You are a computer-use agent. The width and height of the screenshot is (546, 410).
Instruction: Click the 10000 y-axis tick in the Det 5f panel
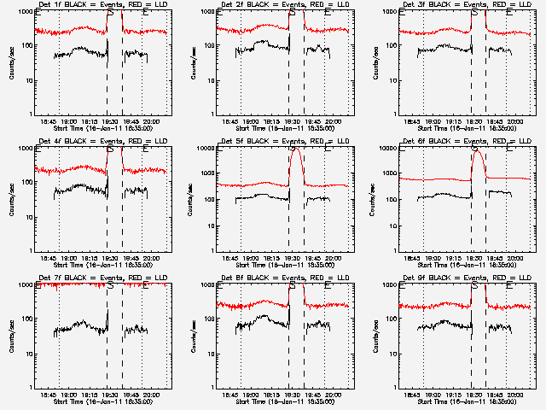pos(212,149)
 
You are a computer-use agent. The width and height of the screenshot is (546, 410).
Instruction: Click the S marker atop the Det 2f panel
pos(293,13)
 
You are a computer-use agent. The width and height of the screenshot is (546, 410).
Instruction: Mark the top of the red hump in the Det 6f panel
pos(477,150)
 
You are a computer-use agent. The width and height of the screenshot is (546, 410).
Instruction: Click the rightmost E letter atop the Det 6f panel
pos(510,149)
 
